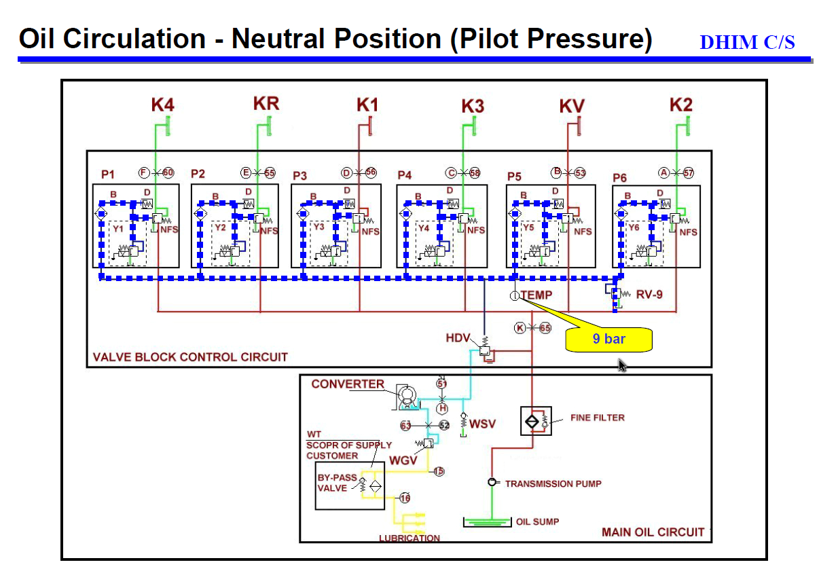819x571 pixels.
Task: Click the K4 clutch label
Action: click(x=162, y=105)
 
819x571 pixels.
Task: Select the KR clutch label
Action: click(x=266, y=104)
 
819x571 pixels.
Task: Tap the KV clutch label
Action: click(x=571, y=107)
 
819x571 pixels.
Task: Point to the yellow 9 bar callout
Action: click(x=608, y=339)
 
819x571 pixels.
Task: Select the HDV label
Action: click(x=458, y=337)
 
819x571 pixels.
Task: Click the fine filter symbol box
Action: click(x=535, y=421)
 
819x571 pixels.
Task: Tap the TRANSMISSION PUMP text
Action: click(x=553, y=483)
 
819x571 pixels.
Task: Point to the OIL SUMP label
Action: click(x=538, y=521)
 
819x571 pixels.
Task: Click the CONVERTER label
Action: click(x=348, y=384)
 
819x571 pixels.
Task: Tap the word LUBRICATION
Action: click(x=409, y=538)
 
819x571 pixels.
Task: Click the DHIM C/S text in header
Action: click(x=747, y=42)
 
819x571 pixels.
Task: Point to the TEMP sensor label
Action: click(x=536, y=295)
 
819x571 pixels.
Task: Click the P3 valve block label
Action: click(x=299, y=176)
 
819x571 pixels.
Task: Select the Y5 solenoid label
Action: click(x=528, y=228)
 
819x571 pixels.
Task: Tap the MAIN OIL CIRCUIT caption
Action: click(x=653, y=532)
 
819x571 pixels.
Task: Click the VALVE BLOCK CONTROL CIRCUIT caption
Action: click(x=190, y=356)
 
